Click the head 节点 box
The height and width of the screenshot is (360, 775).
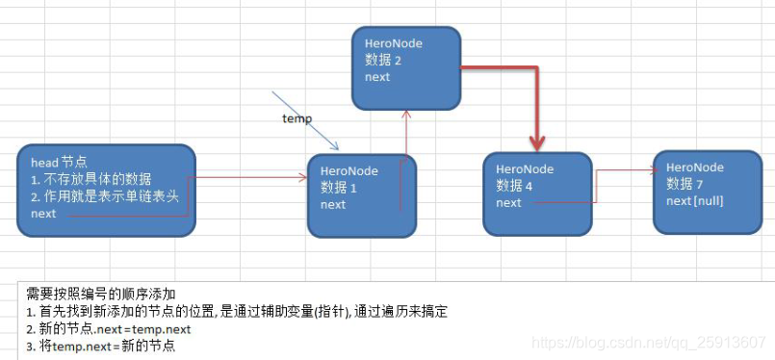(x=106, y=190)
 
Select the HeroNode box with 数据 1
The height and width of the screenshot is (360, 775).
(x=361, y=195)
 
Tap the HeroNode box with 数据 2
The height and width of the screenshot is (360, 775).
(x=405, y=67)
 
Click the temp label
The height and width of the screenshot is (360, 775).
(x=297, y=118)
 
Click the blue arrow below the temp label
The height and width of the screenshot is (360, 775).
(x=306, y=120)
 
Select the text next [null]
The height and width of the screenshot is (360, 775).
(x=694, y=200)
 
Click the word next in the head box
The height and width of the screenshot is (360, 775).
(x=43, y=213)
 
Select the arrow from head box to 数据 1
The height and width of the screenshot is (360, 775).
(x=250, y=177)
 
